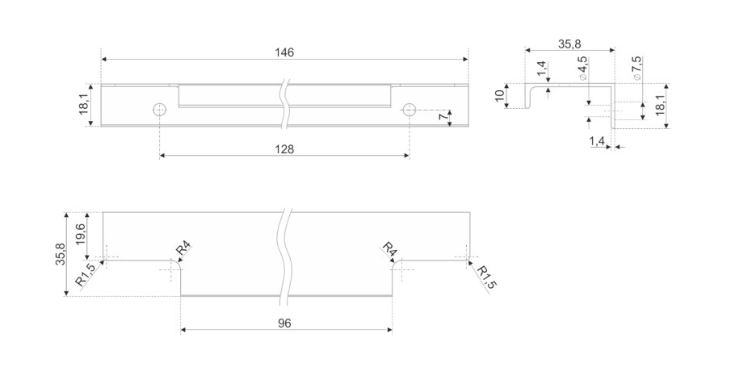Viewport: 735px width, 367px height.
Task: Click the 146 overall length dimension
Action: (284, 52)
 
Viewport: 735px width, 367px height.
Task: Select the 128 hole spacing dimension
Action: (284, 149)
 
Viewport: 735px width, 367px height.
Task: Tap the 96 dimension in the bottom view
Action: (284, 323)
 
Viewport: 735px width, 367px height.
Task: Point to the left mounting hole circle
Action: (160, 109)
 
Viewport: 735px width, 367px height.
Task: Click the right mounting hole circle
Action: (409, 109)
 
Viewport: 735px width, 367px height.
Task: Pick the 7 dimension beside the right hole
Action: (443, 118)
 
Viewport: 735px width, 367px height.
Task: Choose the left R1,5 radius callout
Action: (85, 275)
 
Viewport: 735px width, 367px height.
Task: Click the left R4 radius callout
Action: (183, 248)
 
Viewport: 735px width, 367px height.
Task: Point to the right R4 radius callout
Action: (388, 248)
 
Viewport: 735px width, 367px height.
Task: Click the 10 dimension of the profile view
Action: (500, 97)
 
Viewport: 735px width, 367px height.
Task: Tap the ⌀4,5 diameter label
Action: (582, 69)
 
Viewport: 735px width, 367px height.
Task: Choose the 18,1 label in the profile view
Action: (661, 105)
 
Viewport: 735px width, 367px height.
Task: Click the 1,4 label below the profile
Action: (597, 142)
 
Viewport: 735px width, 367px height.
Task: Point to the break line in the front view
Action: (284, 105)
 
